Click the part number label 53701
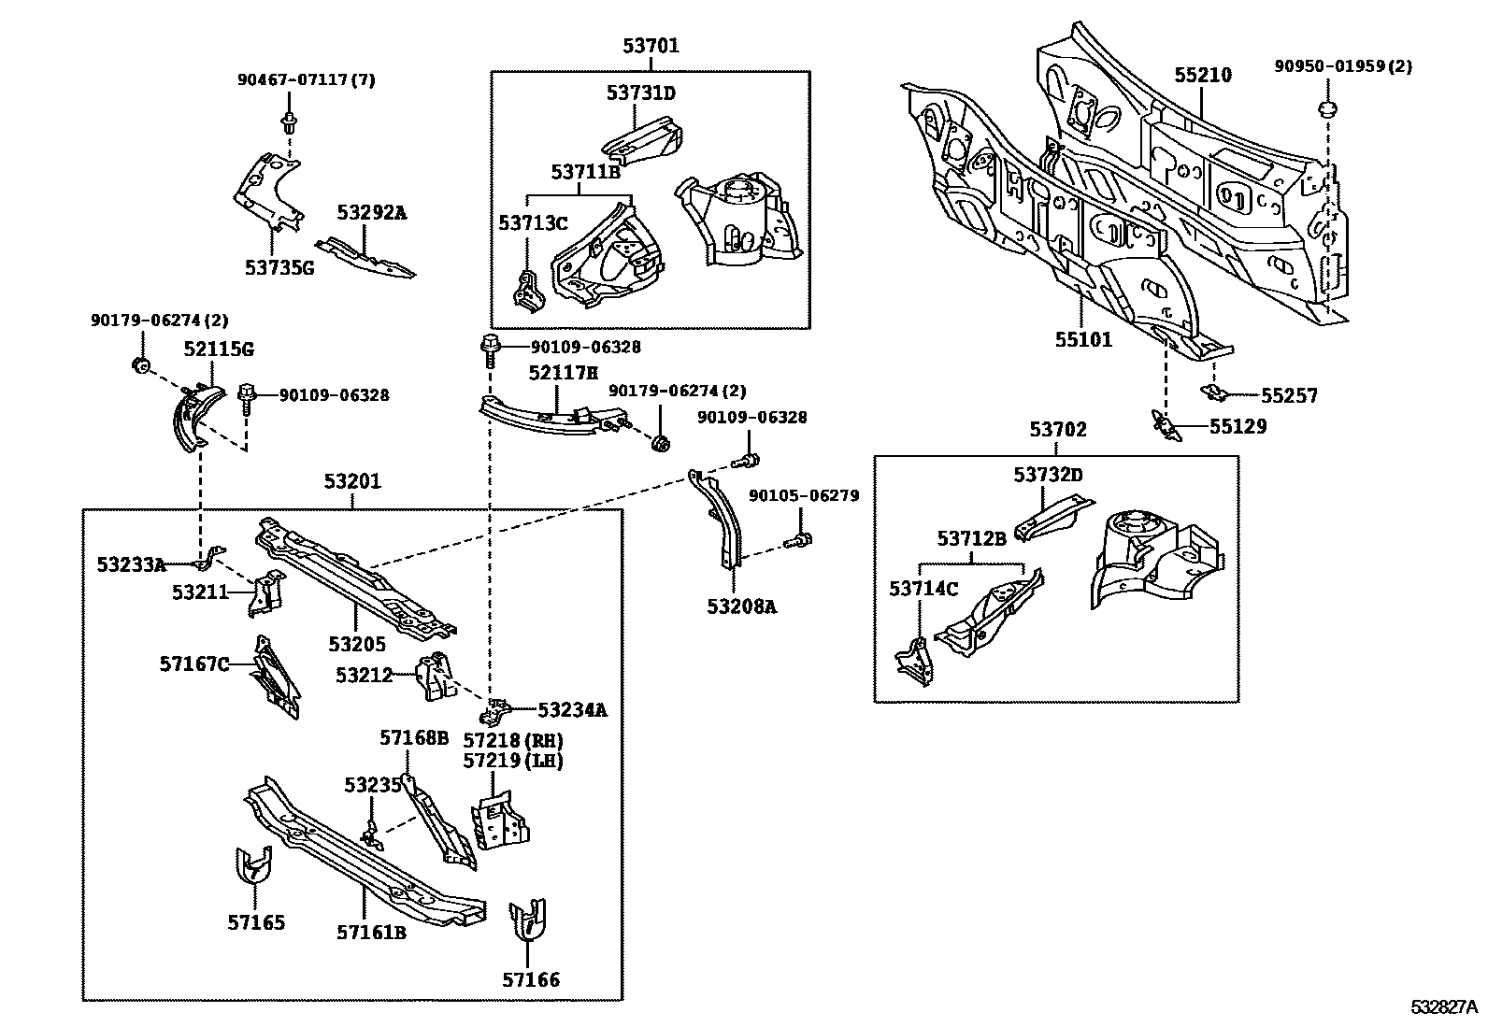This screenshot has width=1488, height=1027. pos(651,46)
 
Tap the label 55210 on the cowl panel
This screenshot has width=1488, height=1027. pos(1203,76)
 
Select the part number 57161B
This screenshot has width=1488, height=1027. pos(371,932)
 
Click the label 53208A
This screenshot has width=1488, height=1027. pos(741,606)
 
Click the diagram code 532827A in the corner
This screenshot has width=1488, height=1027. pos(1444,1006)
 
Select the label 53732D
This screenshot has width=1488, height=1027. pos(1048,475)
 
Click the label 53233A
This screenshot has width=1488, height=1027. pos(131,564)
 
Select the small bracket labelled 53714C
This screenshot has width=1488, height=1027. pos(914,659)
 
